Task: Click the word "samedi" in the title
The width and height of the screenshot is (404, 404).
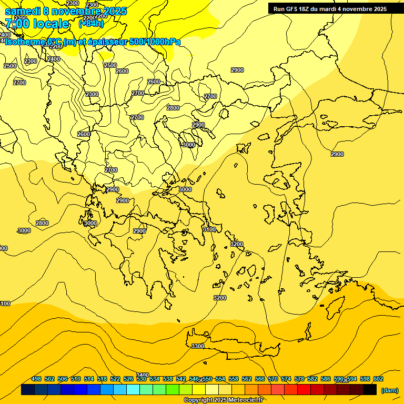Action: click(x=22, y=11)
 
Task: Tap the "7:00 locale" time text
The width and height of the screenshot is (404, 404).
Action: click(x=37, y=24)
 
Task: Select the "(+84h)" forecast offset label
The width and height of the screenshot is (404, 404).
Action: click(x=91, y=23)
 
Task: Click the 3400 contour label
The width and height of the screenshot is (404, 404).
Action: click(x=142, y=375)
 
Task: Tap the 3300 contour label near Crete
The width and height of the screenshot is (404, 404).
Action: click(x=198, y=346)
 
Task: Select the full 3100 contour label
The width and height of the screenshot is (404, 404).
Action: click(x=209, y=229)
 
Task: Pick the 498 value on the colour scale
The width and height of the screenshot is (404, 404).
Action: click(x=36, y=379)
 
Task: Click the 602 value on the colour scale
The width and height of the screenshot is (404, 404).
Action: click(x=378, y=379)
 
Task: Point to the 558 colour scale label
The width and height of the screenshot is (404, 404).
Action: click(x=234, y=379)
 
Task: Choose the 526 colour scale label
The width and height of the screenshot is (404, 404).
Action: click(x=128, y=379)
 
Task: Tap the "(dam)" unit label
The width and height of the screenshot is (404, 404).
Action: click(x=389, y=390)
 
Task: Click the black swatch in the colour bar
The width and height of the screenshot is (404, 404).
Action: click(x=370, y=390)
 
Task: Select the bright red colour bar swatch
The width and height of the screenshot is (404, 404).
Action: click(x=304, y=390)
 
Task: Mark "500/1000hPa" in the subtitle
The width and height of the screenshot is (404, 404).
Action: click(x=155, y=42)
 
